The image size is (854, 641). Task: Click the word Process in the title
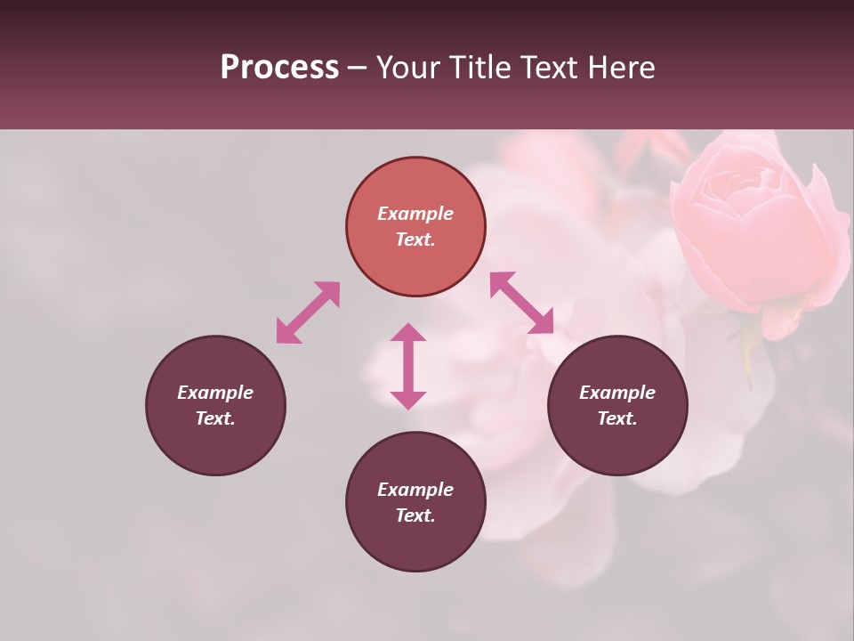tap(279, 68)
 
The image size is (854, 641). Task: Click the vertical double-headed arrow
tap(408, 366)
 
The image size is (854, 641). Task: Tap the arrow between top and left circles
tap(308, 312)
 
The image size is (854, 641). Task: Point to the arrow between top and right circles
tap(521, 303)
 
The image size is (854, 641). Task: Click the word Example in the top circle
tap(415, 214)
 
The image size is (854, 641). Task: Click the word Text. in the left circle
tap(215, 418)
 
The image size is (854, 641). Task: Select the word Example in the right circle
tap(617, 393)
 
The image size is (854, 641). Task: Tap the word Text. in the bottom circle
tap(415, 515)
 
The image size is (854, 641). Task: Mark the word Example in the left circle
tap(215, 393)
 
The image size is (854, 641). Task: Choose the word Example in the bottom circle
tap(415, 490)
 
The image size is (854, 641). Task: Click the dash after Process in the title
tap(358, 69)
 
